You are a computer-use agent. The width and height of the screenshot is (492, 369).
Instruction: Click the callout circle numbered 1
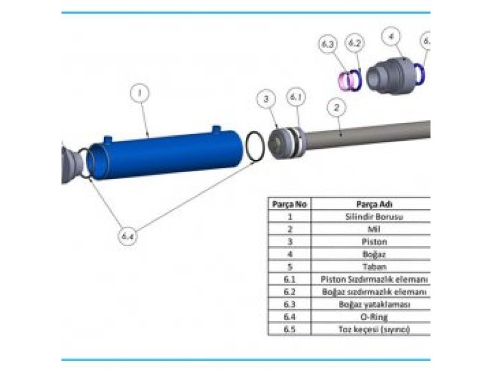tap(140, 93)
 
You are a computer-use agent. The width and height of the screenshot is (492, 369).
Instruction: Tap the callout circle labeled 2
tap(336, 107)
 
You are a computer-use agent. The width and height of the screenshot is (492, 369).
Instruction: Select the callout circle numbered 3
tap(266, 99)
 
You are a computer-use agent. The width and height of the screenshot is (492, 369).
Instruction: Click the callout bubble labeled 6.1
tap(296, 98)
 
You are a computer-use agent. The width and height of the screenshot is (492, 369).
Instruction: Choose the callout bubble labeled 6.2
tap(354, 44)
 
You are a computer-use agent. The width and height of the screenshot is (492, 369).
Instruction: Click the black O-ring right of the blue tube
tap(256, 148)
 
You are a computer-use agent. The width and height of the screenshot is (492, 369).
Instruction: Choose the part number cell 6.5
tap(290, 330)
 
